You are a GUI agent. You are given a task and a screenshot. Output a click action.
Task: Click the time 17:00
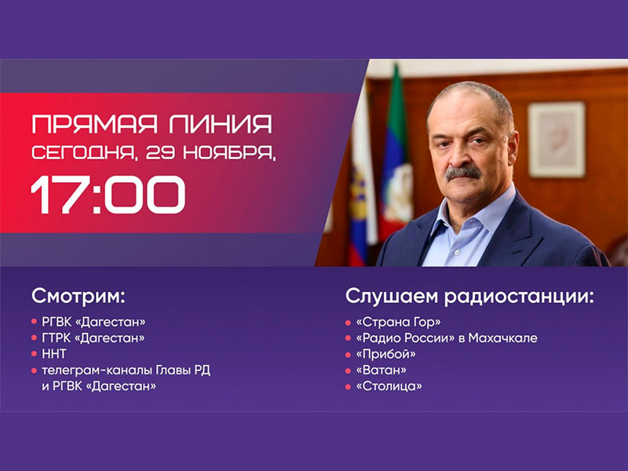(108, 195)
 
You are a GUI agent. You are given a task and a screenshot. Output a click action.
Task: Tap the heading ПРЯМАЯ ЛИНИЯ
(152, 124)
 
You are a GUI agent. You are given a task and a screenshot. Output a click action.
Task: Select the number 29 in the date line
(160, 152)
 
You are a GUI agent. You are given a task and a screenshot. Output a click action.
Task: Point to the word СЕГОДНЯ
(85, 153)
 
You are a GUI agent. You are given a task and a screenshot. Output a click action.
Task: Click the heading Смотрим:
(78, 296)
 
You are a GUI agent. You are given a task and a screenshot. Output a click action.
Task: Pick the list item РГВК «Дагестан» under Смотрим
(93, 322)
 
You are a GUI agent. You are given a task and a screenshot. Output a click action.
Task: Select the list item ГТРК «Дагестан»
(93, 338)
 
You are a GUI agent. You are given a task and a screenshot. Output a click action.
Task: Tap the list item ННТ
(54, 354)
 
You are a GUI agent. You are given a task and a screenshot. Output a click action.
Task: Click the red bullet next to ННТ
(34, 355)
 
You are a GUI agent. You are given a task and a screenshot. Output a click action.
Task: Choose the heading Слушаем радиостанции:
(469, 297)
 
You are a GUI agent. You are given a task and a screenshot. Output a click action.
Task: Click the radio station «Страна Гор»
(399, 322)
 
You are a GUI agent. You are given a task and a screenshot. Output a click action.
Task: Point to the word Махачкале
(503, 338)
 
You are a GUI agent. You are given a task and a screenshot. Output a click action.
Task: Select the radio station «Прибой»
(385, 354)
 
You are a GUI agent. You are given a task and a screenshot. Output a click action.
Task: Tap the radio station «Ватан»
(381, 370)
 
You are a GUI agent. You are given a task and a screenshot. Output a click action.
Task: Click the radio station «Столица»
(389, 386)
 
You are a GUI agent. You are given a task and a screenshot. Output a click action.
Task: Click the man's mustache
(463, 172)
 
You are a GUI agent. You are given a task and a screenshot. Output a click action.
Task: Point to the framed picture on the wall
(557, 139)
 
